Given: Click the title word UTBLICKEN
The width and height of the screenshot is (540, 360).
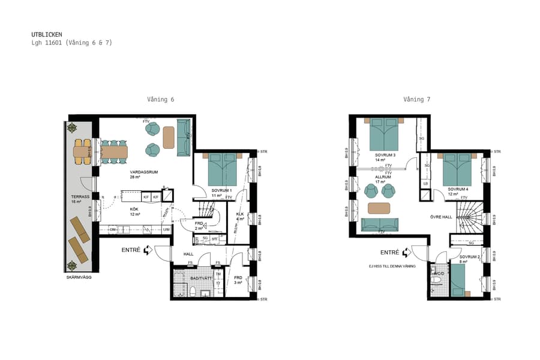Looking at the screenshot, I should click(x=46, y=34).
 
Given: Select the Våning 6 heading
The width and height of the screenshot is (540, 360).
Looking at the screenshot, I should click(x=161, y=100).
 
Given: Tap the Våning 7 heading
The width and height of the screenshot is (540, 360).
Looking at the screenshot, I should click(x=416, y=100).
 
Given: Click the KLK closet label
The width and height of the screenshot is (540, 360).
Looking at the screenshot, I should click(x=239, y=214).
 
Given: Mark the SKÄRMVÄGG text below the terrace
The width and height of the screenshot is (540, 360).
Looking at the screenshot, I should click(x=79, y=277).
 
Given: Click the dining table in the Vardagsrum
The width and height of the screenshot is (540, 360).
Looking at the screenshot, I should click(x=114, y=152).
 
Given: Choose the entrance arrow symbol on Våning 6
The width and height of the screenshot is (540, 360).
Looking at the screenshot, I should click(x=148, y=250).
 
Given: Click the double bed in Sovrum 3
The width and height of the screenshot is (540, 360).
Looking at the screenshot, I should click(x=384, y=134).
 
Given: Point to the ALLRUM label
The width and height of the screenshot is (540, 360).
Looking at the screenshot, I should click(x=383, y=177).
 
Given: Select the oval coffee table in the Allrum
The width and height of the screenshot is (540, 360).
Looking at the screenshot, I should click(x=379, y=208).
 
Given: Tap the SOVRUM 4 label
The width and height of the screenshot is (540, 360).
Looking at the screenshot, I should click(x=458, y=189).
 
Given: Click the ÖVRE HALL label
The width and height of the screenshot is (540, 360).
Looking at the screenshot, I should click(x=440, y=217).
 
